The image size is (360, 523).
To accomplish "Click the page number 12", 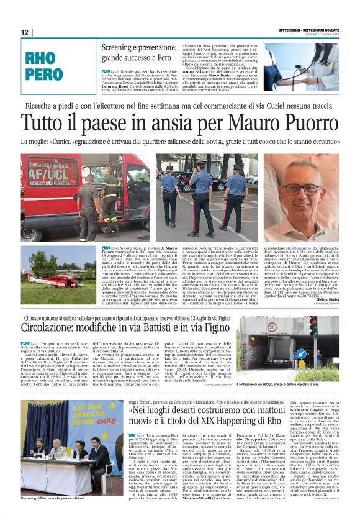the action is pos(25,32).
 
